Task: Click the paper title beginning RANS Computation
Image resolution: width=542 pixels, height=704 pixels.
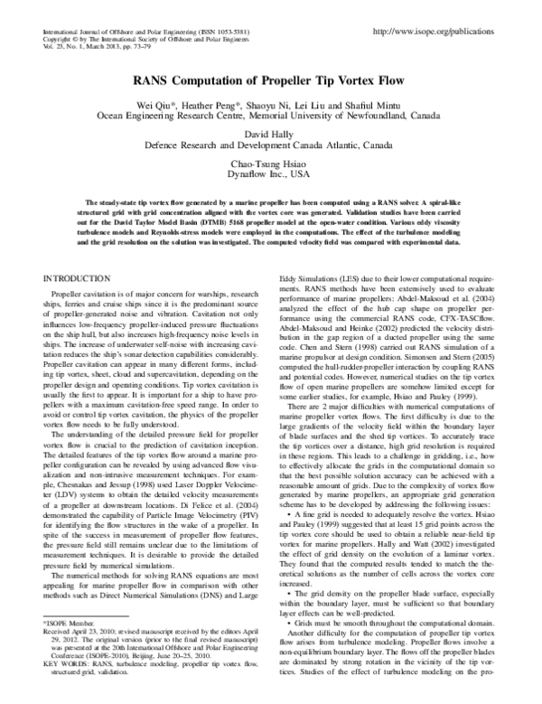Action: click(271, 79)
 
